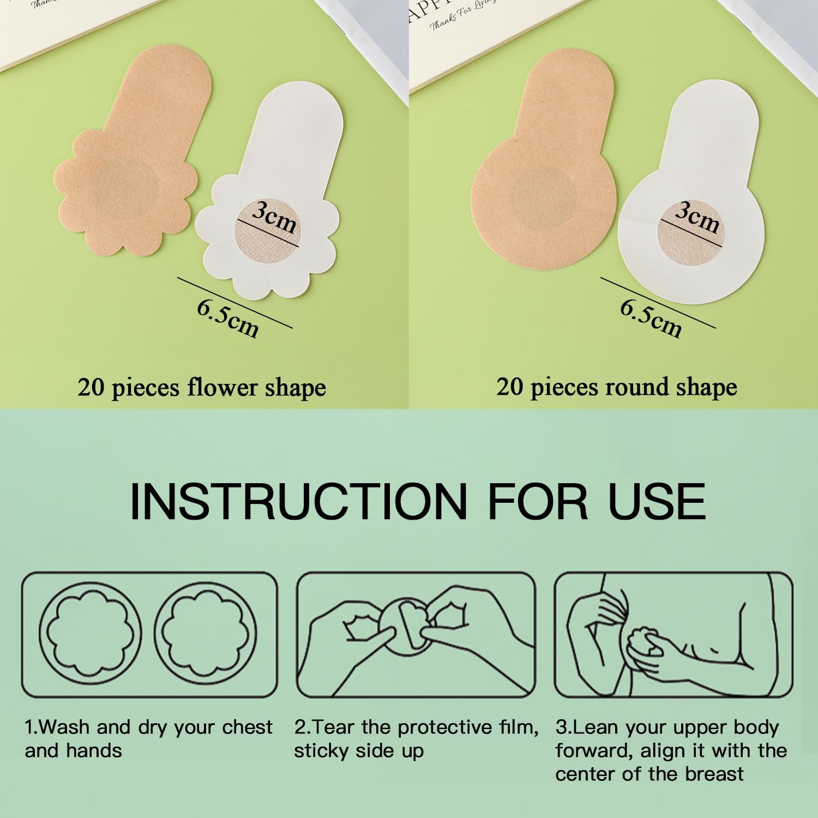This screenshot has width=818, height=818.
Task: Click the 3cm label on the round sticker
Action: pos(697,218)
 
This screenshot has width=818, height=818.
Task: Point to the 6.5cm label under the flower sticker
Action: pos(227,318)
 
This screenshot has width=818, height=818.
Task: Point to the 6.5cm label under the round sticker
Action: pos(651,318)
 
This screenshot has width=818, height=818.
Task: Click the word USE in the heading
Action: pos(657,501)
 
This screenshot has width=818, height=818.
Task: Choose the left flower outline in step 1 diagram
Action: pos(91,634)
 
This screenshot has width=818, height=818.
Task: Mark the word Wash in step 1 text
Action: pos(64,727)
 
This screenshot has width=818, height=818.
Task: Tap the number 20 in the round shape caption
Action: pos(510,387)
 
